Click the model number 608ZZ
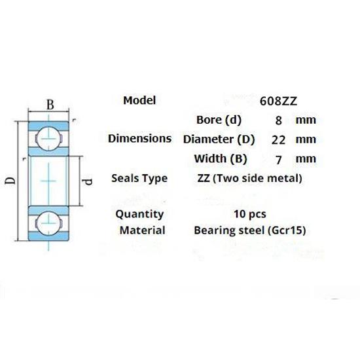pyautogui.click(x=278, y=101)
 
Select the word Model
pyautogui.click(x=139, y=100)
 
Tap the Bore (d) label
pyautogui.click(x=219, y=120)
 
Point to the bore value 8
pyautogui.click(x=278, y=120)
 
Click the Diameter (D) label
pyautogui.click(x=219, y=139)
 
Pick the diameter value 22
pyautogui.click(x=278, y=140)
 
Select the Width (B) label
pyautogui.click(x=221, y=158)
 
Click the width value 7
pyautogui.click(x=278, y=160)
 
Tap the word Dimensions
pyautogui.click(x=140, y=139)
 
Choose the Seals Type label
pyautogui.click(x=139, y=179)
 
